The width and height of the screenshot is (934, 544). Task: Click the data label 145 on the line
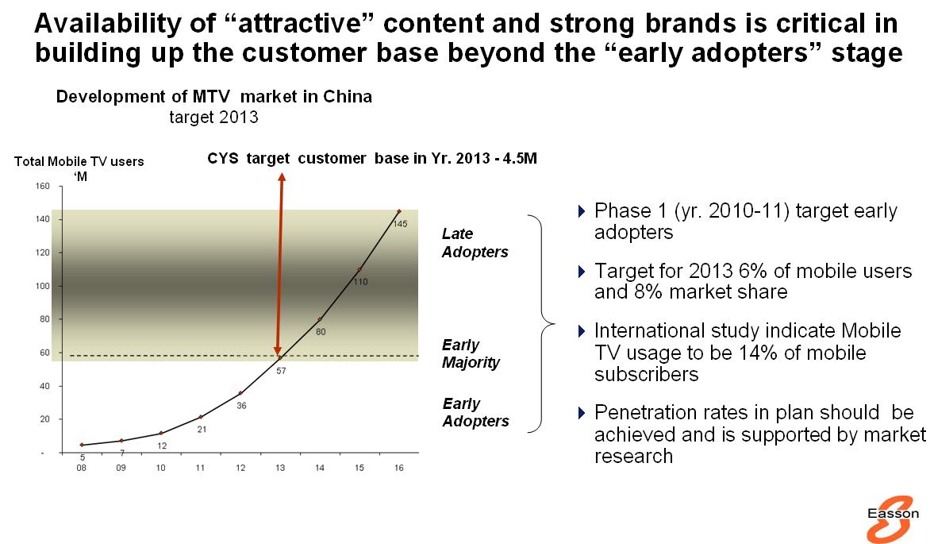tap(400, 224)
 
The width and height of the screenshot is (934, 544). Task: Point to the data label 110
tap(360, 282)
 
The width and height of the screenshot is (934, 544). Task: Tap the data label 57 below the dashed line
tap(281, 371)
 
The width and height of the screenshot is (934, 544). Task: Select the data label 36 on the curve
tap(241, 406)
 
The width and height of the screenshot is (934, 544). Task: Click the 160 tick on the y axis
tap(43, 186)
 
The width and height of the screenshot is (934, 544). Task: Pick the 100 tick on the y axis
tap(43, 286)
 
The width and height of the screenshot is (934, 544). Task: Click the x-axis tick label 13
tap(280, 468)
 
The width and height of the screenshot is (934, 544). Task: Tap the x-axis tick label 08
tap(82, 468)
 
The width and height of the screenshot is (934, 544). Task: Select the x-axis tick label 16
tap(399, 468)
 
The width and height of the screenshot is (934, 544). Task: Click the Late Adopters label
tap(475, 242)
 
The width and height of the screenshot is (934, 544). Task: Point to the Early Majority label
tap(471, 353)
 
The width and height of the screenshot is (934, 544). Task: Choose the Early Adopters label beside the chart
tap(475, 411)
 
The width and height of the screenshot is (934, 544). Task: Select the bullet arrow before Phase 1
tap(582, 211)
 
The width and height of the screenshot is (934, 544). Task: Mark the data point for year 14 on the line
tap(320, 319)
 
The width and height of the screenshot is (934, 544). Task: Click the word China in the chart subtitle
tap(348, 97)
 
